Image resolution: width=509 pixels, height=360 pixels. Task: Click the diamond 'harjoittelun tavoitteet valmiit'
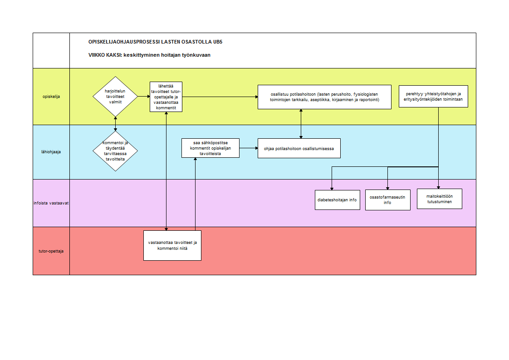[x=115, y=96]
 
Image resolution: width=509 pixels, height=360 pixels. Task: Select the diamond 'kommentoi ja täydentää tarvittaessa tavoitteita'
[x=115, y=151]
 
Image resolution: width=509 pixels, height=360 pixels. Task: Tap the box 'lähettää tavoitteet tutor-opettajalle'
[x=166, y=97]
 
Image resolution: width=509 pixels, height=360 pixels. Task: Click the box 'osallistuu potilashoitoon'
[x=324, y=97]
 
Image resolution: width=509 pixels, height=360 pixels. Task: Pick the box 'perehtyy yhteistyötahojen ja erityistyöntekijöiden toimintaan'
[x=433, y=96]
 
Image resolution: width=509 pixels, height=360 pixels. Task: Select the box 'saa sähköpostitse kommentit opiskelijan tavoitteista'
[x=210, y=148]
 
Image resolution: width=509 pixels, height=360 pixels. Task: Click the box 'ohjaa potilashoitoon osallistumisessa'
[x=299, y=148]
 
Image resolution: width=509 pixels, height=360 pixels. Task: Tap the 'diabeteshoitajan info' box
[x=337, y=200]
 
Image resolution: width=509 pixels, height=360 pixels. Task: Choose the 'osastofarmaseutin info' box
[x=387, y=200]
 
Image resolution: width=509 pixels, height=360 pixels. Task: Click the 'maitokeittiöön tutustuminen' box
[x=440, y=199]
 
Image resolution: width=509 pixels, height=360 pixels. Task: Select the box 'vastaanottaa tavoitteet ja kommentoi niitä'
[x=172, y=245]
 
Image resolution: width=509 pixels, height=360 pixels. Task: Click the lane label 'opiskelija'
[x=51, y=97]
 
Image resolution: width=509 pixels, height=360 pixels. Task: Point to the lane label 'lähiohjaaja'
[x=51, y=152]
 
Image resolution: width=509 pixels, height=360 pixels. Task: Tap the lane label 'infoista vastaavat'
[x=51, y=203]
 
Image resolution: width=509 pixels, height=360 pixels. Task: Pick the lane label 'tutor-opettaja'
[x=51, y=251]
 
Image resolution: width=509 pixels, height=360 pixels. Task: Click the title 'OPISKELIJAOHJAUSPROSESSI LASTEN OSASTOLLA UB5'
[x=156, y=42]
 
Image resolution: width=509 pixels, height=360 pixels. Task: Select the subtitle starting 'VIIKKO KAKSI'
[x=149, y=55]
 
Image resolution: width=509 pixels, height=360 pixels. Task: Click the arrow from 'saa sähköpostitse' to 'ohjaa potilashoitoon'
[x=249, y=148]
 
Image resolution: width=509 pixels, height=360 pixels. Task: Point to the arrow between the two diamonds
[x=115, y=124]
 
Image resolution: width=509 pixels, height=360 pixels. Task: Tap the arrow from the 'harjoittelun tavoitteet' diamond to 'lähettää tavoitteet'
[x=144, y=96]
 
